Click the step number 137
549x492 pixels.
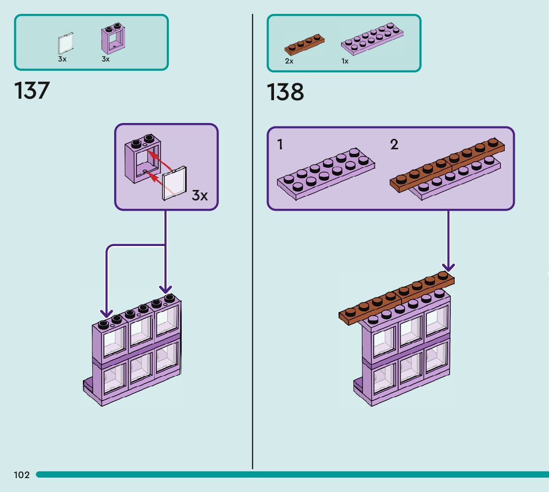[32, 91]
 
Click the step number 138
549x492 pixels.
[285, 92]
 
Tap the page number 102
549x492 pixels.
[22, 475]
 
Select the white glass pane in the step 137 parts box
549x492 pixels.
[66, 43]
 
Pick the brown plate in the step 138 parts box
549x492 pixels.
[304, 45]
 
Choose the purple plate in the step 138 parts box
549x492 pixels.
[372, 39]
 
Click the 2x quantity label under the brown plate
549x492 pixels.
[289, 61]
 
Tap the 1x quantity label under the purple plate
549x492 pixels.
[345, 61]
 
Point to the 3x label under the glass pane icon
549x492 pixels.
[63, 59]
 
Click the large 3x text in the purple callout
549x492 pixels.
[200, 195]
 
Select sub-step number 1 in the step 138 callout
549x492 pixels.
[280, 144]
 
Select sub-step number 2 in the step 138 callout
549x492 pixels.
[394, 144]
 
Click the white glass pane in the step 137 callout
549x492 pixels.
[174, 183]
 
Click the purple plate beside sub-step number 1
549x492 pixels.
[326, 174]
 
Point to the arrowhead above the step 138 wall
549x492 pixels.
[448, 267]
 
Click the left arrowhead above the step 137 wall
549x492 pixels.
[106, 313]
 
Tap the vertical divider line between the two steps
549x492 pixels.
[253, 242]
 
